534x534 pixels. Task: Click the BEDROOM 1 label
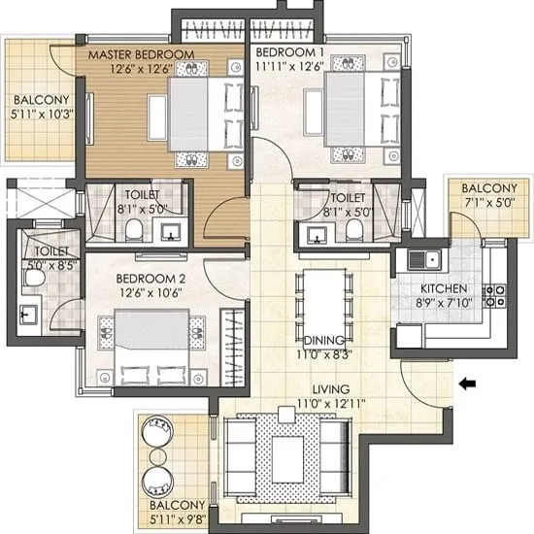click(x=289, y=51)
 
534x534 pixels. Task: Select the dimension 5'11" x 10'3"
click(x=40, y=115)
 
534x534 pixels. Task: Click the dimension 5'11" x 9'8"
click(x=177, y=519)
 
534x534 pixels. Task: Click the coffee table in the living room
click(x=288, y=453)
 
